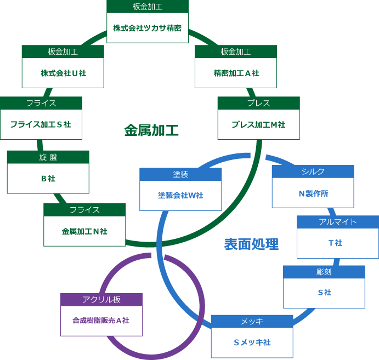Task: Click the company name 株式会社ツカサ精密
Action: pyautogui.click(x=148, y=28)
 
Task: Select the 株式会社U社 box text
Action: pyautogui.click(x=63, y=73)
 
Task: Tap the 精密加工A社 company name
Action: pyautogui.click(x=236, y=73)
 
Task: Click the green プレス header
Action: pyautogui.click(x=258, y=103)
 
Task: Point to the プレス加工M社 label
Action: pyautogui.click(x=258, y=124)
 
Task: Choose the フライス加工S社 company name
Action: pyautogui.click(x=41, y=124)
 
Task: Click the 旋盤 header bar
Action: pyautogui.click(x=48, y=157)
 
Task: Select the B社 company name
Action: pyautogui.click(x=48, y=178)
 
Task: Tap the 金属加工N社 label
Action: pyautogui.click(x=84, y=231)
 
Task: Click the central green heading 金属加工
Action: pyautogui.click(x=151, y=130)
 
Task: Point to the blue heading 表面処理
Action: pyautogui.click(x=251, y=244)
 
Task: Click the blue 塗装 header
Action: pyautogui.click(x=180, y=174)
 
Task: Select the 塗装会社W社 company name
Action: pyautogui.click(x=180, y=195)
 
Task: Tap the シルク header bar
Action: pyautogui.click(x=313, y=172)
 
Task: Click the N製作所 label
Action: pyautogui.click(x=313, y=193)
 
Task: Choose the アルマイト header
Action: pyautogui.click(x=337, y=222)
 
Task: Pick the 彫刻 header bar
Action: pyautogui.click(x=324, y=272)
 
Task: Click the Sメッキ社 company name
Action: pyautogui.click(x=252, y=342)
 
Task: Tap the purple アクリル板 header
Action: pyautogui.click(x=101, y=300)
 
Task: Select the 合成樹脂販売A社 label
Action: pyautogui.click(x=101, y=321)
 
